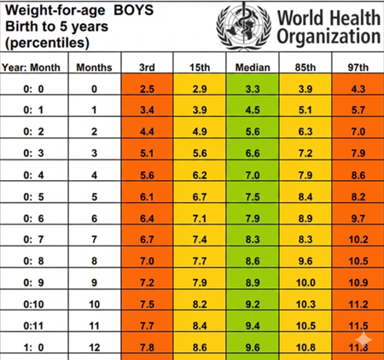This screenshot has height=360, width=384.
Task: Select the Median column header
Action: [253, 66]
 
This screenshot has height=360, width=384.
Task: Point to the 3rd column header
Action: [147, 66]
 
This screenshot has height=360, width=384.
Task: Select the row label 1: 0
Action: [32, 347]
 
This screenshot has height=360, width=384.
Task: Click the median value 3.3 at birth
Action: [253, 89]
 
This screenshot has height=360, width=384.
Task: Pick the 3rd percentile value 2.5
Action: [147, 89]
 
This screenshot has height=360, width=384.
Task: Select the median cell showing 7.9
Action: [253, 218]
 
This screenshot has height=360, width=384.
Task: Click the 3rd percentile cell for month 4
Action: [147, 175]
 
